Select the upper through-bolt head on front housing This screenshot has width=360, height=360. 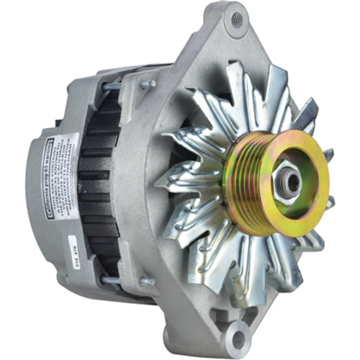[x=148, y=84]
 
